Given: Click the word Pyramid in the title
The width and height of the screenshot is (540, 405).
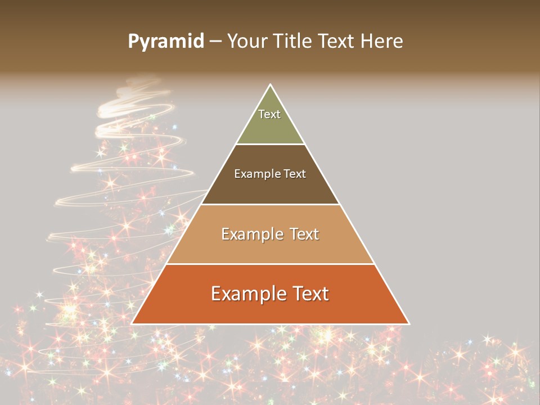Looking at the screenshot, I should [165, 42].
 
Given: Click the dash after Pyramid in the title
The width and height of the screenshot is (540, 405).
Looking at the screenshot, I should [215, 42].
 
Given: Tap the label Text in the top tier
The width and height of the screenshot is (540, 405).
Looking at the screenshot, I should [269, 114].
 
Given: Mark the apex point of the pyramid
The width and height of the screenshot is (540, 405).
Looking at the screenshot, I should [271, 85].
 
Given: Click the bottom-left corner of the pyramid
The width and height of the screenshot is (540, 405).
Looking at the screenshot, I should [132, 323].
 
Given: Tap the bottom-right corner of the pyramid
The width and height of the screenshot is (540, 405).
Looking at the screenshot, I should [409, 323].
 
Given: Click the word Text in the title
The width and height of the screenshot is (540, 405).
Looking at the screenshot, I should [337, 42].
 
